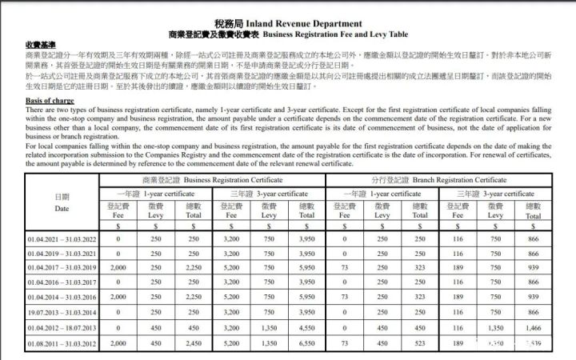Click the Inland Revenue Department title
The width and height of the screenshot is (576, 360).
click(x=288, y=23)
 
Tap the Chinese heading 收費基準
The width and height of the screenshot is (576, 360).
click(x=41, y=44)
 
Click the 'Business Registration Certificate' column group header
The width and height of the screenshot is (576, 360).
click(x=212, y=180)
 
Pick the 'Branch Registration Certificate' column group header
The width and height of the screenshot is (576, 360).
click(x=439, y=180)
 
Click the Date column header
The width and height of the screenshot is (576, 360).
click(x=62, y=202)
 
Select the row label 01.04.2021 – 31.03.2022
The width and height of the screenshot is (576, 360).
click(x=62, y=238)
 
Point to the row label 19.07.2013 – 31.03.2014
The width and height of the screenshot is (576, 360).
click(x=62, y=312)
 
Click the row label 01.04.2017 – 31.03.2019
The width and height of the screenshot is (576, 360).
click(x=62, y=268)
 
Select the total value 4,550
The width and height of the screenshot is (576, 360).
click(x=306, y=327)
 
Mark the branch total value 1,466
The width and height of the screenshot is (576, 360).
click(x=533, y=327)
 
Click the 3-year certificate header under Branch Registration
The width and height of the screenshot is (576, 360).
click(x=495, y=194)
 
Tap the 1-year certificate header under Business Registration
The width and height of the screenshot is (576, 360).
click(x=156, y=194)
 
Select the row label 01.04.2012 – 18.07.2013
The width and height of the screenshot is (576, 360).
click(x=62, y=327)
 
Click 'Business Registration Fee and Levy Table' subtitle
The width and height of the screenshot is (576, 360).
click(x=288, y=34)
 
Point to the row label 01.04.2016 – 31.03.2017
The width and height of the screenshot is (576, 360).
click(x=62, y=282)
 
